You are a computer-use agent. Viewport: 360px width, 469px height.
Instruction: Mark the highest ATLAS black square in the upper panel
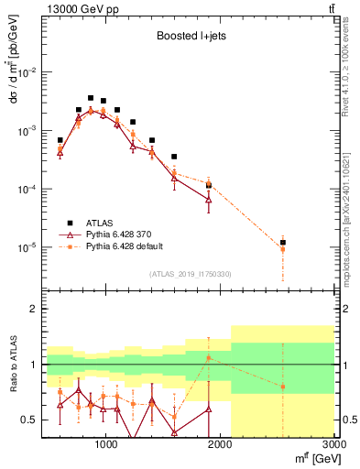pyautogui.click(x=91, y=98)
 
